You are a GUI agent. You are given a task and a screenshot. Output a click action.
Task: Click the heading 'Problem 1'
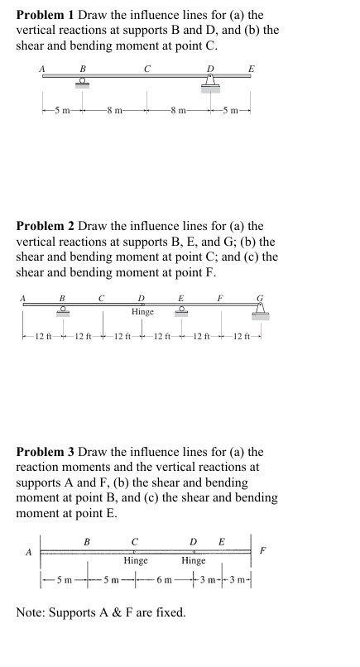pyautogui.click(x=46, y=15)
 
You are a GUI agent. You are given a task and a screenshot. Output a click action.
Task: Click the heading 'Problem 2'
pyautogui.click(x=46, y=225)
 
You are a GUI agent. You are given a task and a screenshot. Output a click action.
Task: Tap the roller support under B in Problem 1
pyautogui.click(x=82, y=82)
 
